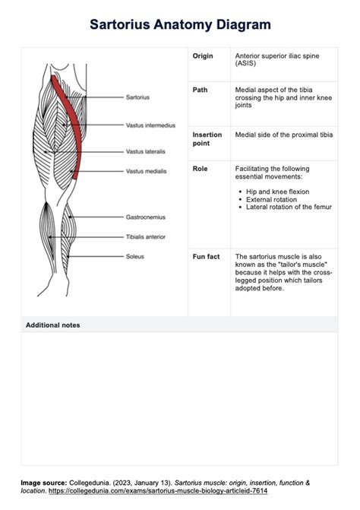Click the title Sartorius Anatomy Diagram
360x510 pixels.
180,25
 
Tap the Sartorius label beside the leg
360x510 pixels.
137,97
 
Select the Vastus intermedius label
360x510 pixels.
150,125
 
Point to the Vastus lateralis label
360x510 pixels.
146,151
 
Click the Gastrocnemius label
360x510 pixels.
146,217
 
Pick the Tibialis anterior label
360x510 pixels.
146,236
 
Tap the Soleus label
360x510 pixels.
135,257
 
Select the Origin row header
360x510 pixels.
204,56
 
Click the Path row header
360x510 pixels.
201,90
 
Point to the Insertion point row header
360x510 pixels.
207,139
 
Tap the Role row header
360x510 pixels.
201,168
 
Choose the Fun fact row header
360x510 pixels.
207,257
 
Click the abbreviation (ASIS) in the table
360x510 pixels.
246,64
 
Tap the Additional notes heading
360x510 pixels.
53,325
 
